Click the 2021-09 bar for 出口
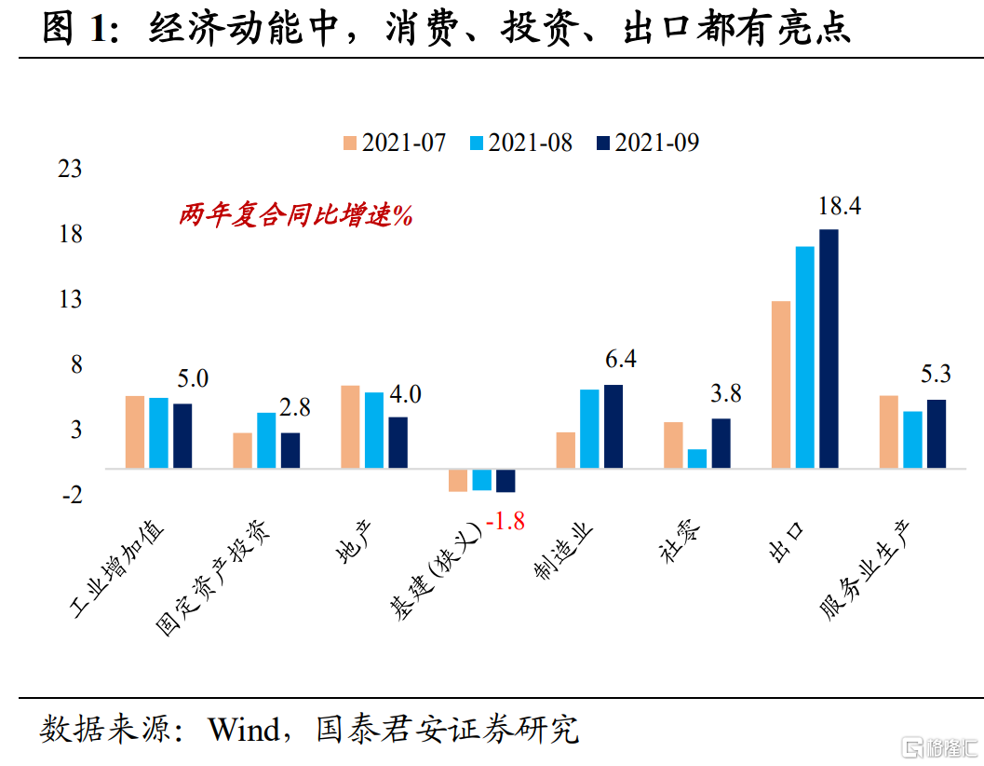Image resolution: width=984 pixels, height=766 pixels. pos(829,349)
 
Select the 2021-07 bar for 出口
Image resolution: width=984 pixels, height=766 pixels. pos(781,384)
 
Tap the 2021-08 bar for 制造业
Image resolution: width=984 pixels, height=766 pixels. pos(589,429)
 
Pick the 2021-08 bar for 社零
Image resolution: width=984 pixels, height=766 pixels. pos(697,458)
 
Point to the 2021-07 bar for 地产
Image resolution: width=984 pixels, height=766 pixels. pos(350,426)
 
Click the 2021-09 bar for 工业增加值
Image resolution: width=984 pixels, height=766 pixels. pos(182,435)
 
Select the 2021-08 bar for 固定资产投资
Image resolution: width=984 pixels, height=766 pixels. pos(266,440)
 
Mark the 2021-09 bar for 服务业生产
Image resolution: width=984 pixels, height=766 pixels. pos(936,433)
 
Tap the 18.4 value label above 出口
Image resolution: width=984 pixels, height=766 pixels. pos(838,207)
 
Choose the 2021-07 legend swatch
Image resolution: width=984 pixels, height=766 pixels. pos(350,143)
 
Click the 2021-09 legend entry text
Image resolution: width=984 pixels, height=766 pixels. pos(656,143)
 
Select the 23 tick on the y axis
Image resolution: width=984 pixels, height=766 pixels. pos(71,170)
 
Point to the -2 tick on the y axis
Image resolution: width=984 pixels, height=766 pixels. pos(73,495)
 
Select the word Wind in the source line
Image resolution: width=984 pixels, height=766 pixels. pos(243,730)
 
